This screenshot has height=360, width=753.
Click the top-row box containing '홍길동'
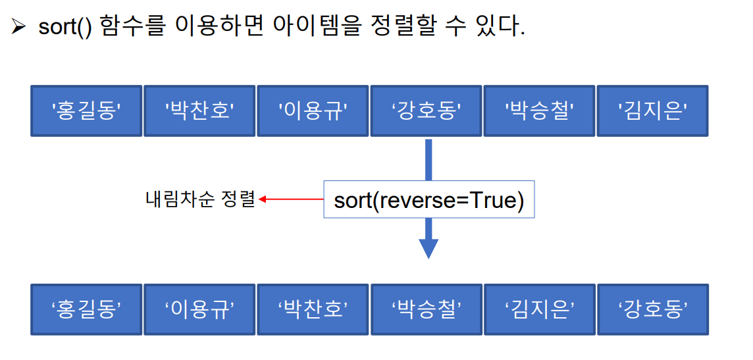coord(86,111)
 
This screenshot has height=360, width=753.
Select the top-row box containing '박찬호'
coord(199,111)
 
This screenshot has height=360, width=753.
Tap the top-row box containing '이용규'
coord(313,111)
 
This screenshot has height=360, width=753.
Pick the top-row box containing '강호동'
coord(426,111)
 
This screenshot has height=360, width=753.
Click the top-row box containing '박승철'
coord(539,111)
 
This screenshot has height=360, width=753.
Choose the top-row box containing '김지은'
coord(652,111)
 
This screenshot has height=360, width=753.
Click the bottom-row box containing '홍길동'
coord(86,309)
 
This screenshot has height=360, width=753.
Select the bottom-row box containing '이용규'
coord(199,309)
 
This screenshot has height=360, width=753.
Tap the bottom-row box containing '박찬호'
coord(313,309)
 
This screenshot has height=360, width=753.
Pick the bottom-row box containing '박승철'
coord(426,309)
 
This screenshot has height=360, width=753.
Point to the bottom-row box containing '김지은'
coord(539,309)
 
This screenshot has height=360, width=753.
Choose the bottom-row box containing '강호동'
coord(652,309)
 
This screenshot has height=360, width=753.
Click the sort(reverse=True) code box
coord(428,199)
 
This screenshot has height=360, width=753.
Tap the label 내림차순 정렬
coord(199,199)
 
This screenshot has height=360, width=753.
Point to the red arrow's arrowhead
coord(263,199)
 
